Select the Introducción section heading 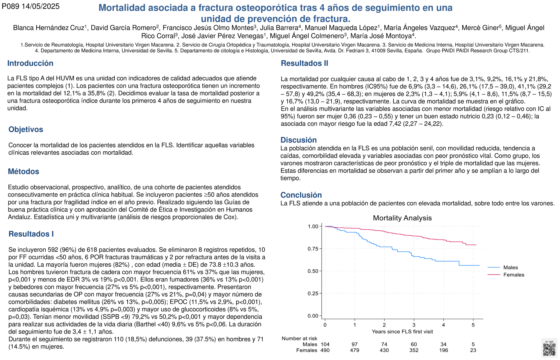[30, 63]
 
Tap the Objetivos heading [26, 129]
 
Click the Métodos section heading [24, 171]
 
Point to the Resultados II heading [304, 63]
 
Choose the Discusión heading [299, 140]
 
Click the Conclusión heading [301, 195]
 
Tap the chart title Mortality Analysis [402, 218]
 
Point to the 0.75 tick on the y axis [313, 249]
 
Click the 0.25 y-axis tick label [313, 293]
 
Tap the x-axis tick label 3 [414, 325]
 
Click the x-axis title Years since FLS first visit [402, 332]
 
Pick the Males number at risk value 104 [325, 344]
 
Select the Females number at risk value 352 [414, 350]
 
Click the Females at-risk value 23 [473, 350]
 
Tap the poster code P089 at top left [11, 6]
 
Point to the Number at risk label [299, 338]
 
